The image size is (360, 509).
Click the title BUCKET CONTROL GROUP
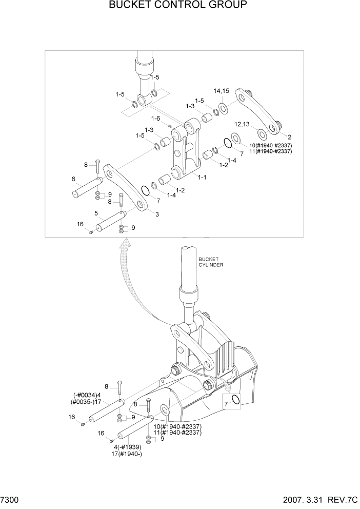[178, 6]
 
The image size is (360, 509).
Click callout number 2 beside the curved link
[290, 137]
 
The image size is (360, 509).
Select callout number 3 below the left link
[156, 214]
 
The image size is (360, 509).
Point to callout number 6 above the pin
[74, 179]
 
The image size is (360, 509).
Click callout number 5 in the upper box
[96, 213]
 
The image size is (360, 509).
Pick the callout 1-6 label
[156, 119]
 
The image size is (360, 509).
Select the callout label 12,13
[242, 124]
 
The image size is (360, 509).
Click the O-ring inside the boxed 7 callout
[236, 400]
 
